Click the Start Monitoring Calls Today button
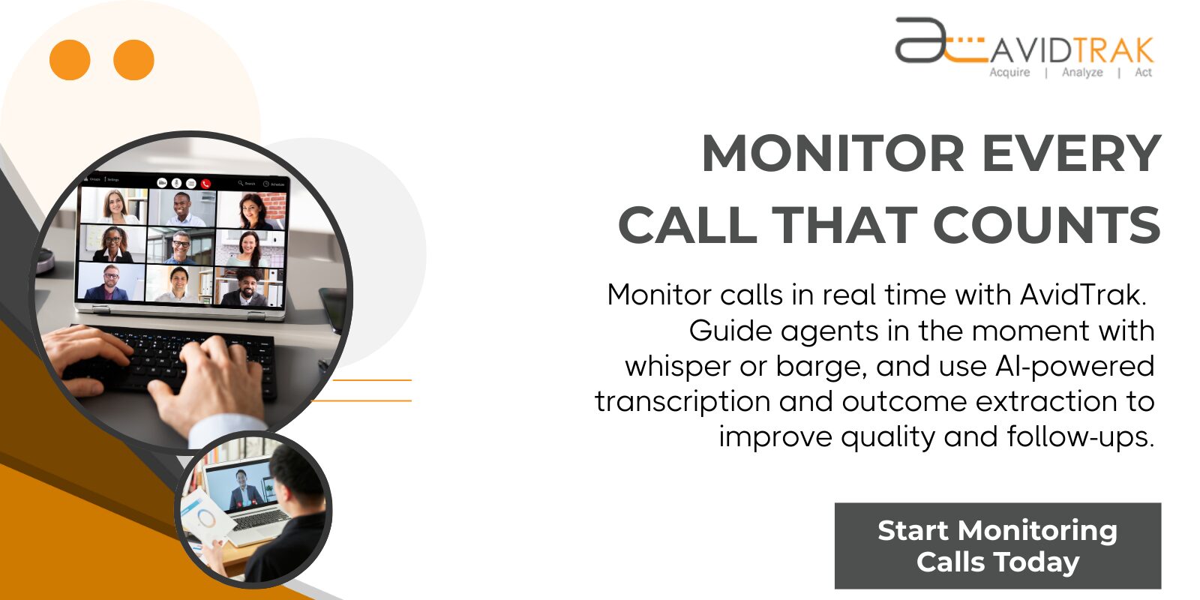point(997,546)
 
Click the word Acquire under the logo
point(1009,73)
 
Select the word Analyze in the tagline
point(1082,73)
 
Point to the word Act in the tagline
point(1143,73)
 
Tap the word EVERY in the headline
point(1072,154)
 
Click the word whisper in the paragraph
point(679,367)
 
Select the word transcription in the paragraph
point(682,402)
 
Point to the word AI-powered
point(1074,366)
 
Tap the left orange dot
point(70,60)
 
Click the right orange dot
point(133,60)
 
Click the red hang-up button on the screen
point(206,184)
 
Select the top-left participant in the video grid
point(115,205)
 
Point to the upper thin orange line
point(372,380)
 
